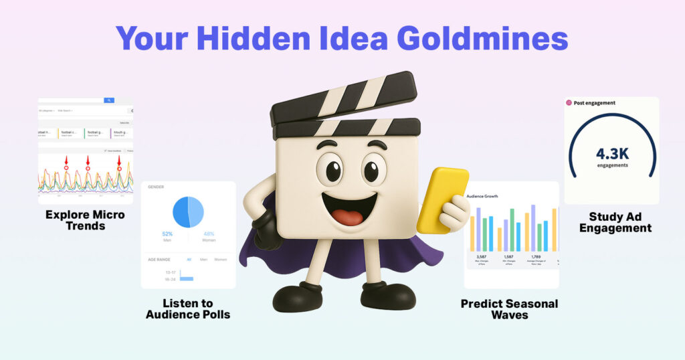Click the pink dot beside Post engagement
click(x=569, y=102)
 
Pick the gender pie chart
click(x=188, y=211)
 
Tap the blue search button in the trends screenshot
click(x=109, y=100)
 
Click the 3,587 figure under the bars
click(x=481, y=256)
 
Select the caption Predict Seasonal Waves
click(x=509, y=309)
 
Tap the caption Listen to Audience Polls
click(x=188, y=309)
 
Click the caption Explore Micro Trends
click(x=85, y=220)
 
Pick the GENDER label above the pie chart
click(x=156, y=187)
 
